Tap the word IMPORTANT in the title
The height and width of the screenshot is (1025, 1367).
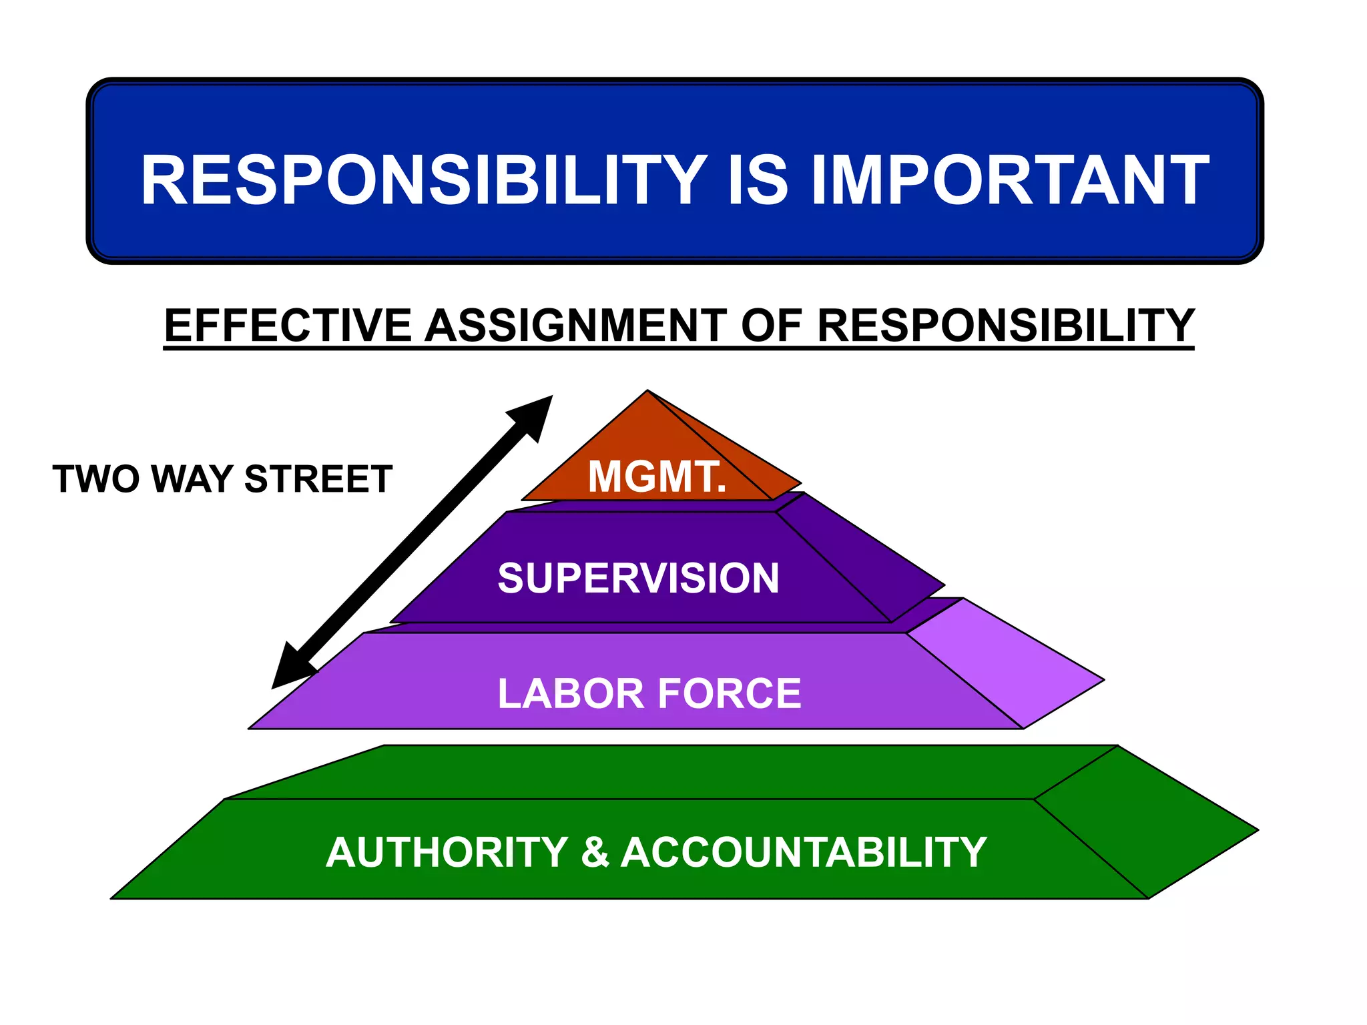coord(1009,180)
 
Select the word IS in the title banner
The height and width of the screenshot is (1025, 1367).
coord(758,180)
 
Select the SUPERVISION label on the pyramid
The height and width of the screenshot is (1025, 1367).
coord(638,578)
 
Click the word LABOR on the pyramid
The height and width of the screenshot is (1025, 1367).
coord(569,693)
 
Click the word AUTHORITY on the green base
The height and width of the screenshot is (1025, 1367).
coord(447,853)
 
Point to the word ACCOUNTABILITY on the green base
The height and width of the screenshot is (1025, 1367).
coord(804,853)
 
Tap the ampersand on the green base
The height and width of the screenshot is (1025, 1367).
coord(595,853)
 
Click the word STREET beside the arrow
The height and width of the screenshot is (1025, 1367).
coord(318,479)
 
